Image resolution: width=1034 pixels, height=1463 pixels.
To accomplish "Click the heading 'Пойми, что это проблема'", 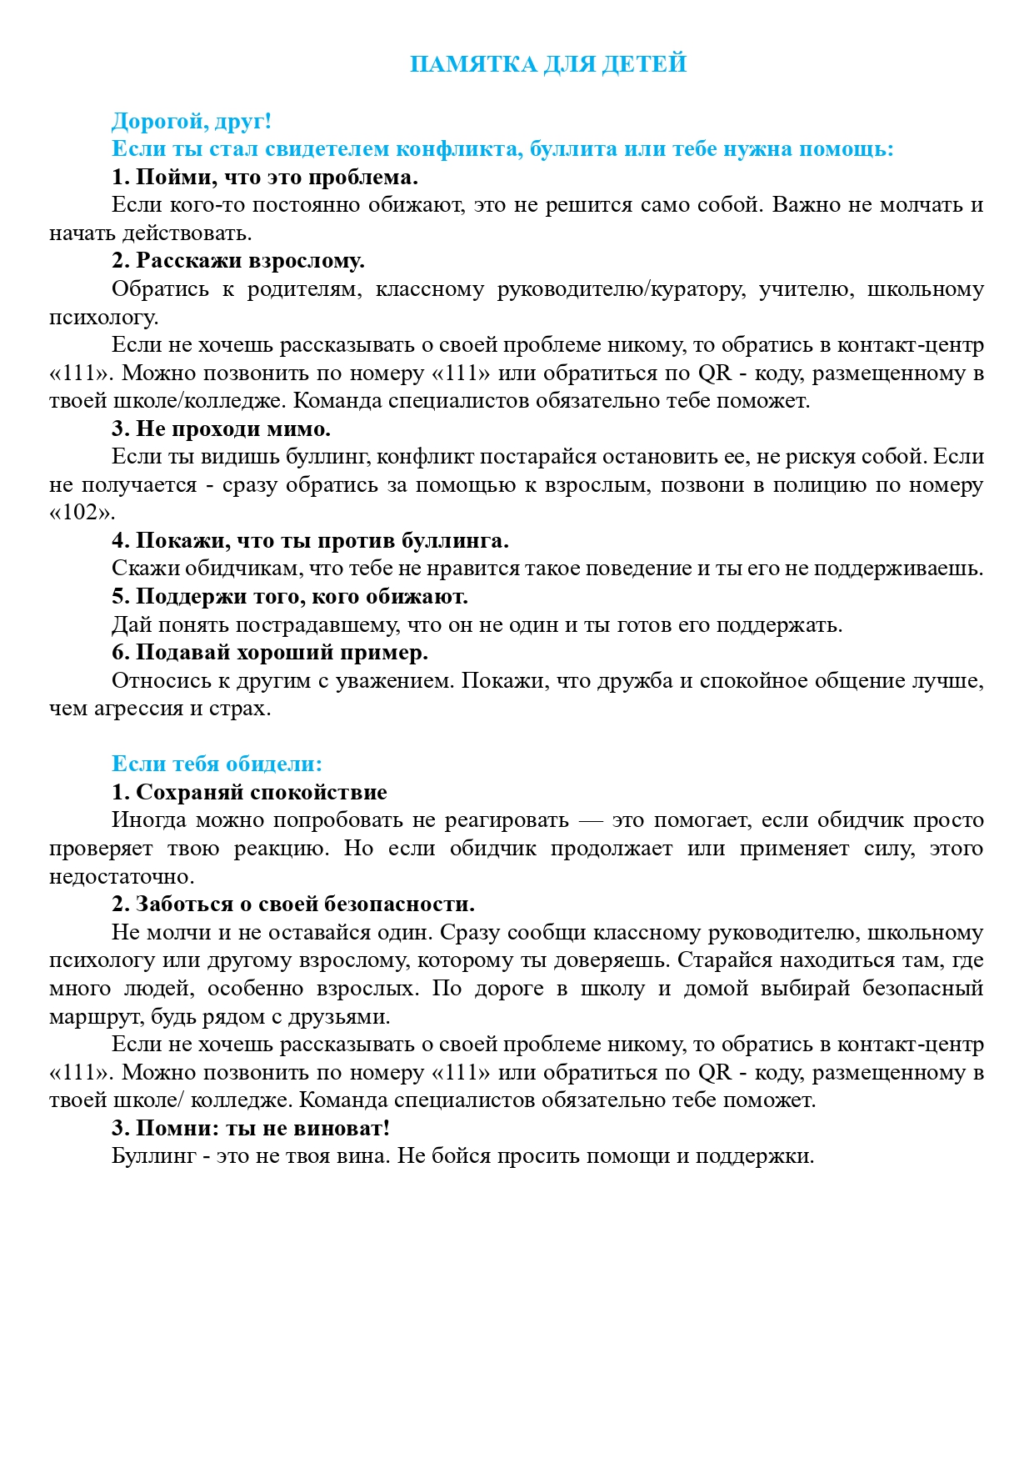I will point(265,178).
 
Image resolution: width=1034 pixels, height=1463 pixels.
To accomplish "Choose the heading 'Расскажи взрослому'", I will point(238,261).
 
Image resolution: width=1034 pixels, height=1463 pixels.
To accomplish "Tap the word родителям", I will point(304,289).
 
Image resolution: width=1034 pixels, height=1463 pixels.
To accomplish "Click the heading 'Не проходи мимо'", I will point(222,429).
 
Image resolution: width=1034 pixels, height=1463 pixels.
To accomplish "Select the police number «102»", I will point(82,513).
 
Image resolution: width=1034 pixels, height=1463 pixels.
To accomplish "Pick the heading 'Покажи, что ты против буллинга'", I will point(311,541).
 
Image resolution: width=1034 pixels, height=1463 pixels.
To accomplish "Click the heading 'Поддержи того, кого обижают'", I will point(290,597).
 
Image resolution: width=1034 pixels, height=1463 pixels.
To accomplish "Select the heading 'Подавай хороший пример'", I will point(270,653).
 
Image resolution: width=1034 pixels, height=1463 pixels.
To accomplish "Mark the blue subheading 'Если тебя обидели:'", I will point(217,764).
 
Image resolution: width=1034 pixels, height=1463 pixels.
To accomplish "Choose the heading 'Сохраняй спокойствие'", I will point(250,793).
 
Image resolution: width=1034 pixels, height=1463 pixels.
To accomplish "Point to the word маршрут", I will point(87,1017).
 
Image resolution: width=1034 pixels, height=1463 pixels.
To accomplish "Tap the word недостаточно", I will point(121,877).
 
